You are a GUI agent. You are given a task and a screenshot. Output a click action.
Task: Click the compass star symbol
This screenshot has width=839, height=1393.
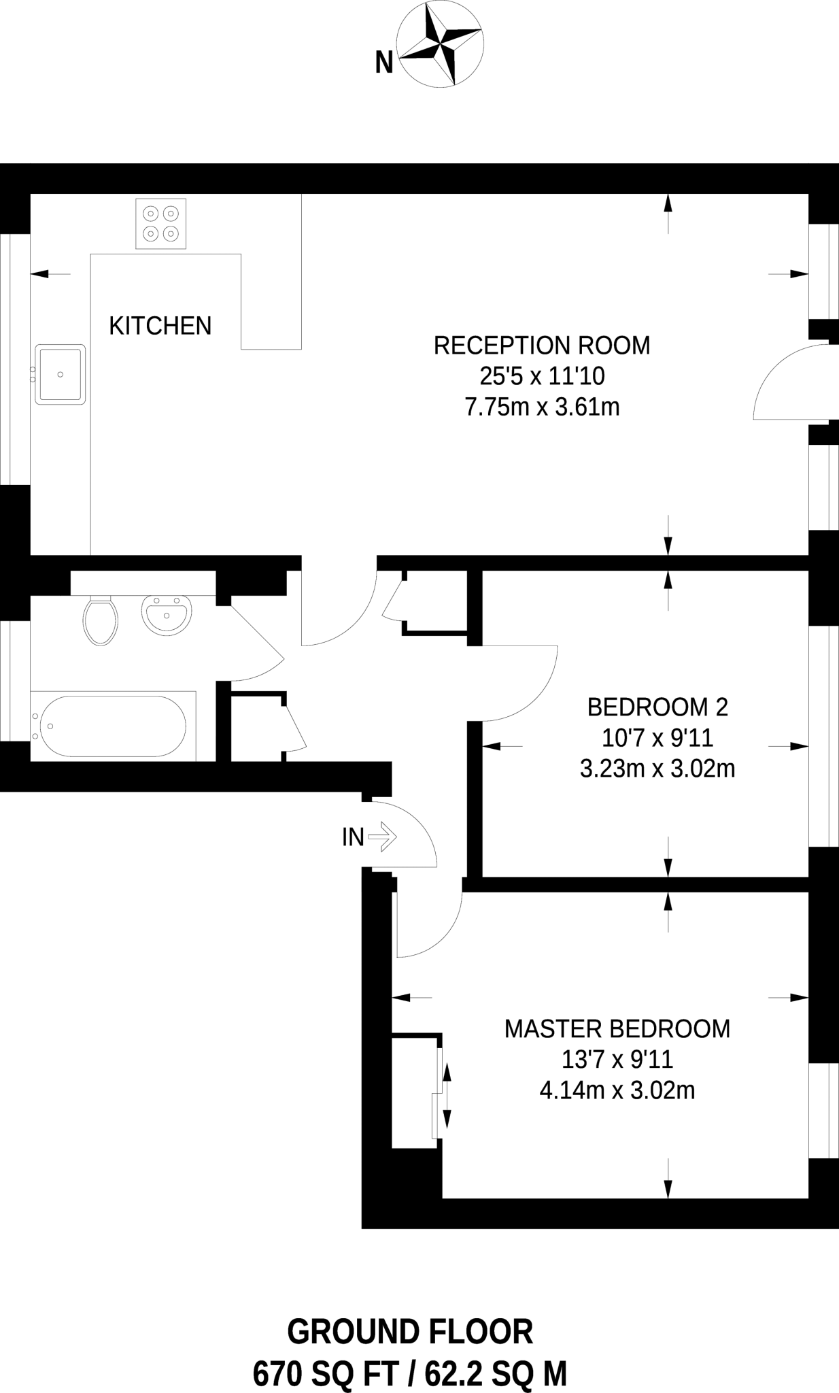[x=441, y=44]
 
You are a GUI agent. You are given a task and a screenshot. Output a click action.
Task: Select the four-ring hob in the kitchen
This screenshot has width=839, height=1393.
[x=161, y=223]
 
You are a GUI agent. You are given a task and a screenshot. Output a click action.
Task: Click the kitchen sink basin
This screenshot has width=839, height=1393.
[x=61, y=374]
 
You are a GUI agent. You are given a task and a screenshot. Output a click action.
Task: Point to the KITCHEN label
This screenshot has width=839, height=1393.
[x=160, y=326]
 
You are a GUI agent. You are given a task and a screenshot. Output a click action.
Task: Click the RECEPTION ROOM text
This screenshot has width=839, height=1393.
[x=541, y=346]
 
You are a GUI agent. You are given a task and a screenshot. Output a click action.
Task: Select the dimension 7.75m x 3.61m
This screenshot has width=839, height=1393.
[x=541, y=407]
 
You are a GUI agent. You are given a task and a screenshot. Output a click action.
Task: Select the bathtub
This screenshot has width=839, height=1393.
[x=113, y=726]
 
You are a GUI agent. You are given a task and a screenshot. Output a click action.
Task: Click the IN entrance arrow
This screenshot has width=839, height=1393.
[x=382, y=837]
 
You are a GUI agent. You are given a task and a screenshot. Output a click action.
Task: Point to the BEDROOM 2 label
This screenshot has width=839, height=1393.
[x=657, y=707]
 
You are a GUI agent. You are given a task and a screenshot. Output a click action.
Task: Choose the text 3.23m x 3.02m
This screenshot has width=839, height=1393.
[x=657, y=769]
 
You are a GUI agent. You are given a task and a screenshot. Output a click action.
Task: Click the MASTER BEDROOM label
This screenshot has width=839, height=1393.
[x=617, y=1028]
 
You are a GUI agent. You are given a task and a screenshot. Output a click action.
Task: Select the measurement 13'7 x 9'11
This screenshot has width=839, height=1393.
[x=617, y=1060]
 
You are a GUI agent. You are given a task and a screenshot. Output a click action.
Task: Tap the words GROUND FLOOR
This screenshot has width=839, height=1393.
[x=410, y=1332]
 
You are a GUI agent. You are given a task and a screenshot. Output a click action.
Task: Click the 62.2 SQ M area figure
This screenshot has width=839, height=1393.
[x=496, y=1373]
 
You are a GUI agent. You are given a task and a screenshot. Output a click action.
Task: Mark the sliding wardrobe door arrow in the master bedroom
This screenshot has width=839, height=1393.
[x=447, y=1095]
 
